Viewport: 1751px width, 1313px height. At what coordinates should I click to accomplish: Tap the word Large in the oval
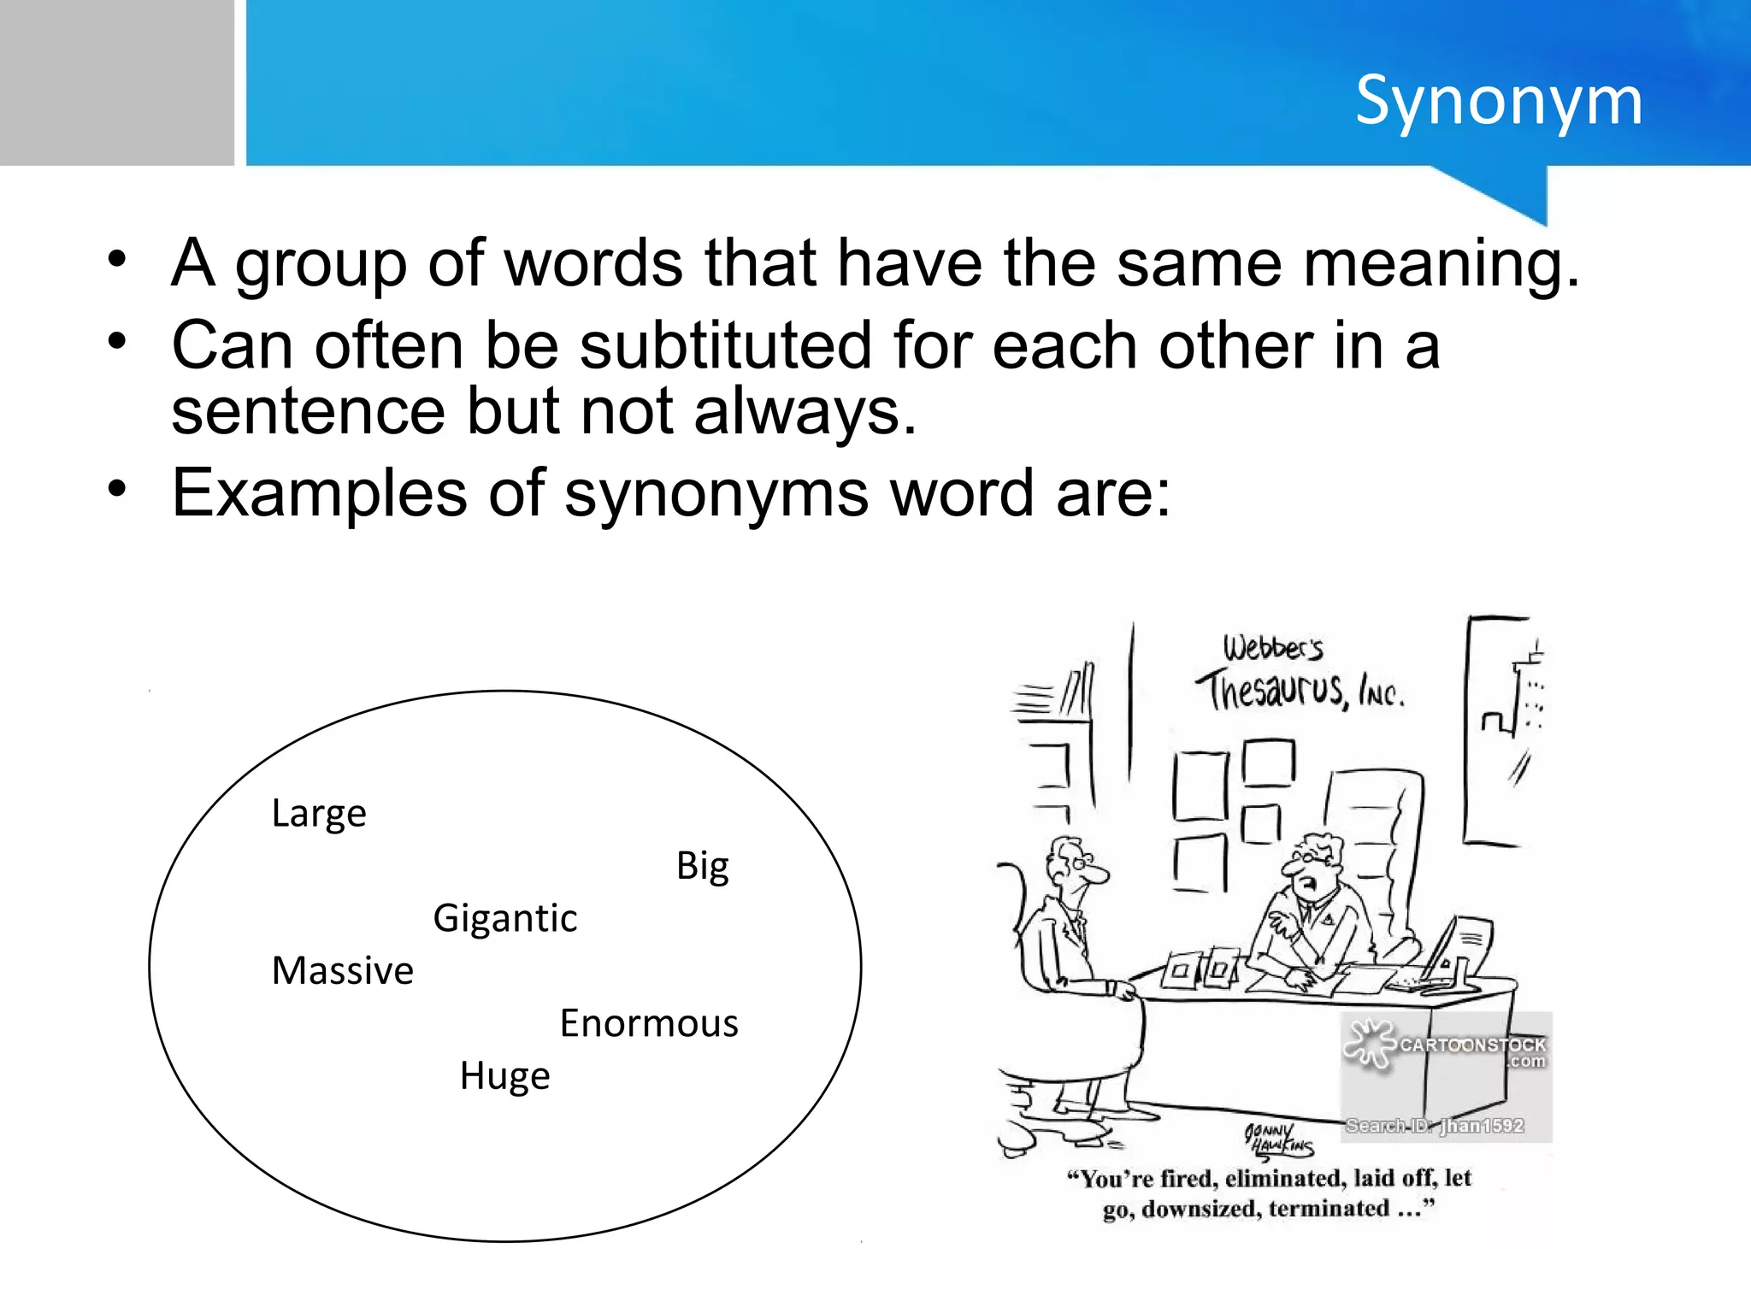(318, 814)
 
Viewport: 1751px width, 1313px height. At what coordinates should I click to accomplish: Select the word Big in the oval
(702, 867)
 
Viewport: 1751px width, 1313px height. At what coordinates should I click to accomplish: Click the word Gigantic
(504, 919)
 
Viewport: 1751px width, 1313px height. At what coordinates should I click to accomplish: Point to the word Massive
(342, 971)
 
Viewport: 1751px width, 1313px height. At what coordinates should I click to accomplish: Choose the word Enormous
(648, 1024)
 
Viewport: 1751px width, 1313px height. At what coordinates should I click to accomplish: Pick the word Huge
(504, 1076)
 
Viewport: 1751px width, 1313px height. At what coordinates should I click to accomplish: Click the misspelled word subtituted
(725, 346)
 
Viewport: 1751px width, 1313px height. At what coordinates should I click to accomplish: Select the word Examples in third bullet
(319, 494)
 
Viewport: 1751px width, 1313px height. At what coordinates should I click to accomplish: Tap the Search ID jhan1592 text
(1435, 1126)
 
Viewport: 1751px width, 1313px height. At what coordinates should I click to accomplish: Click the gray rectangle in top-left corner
(116, 82)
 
